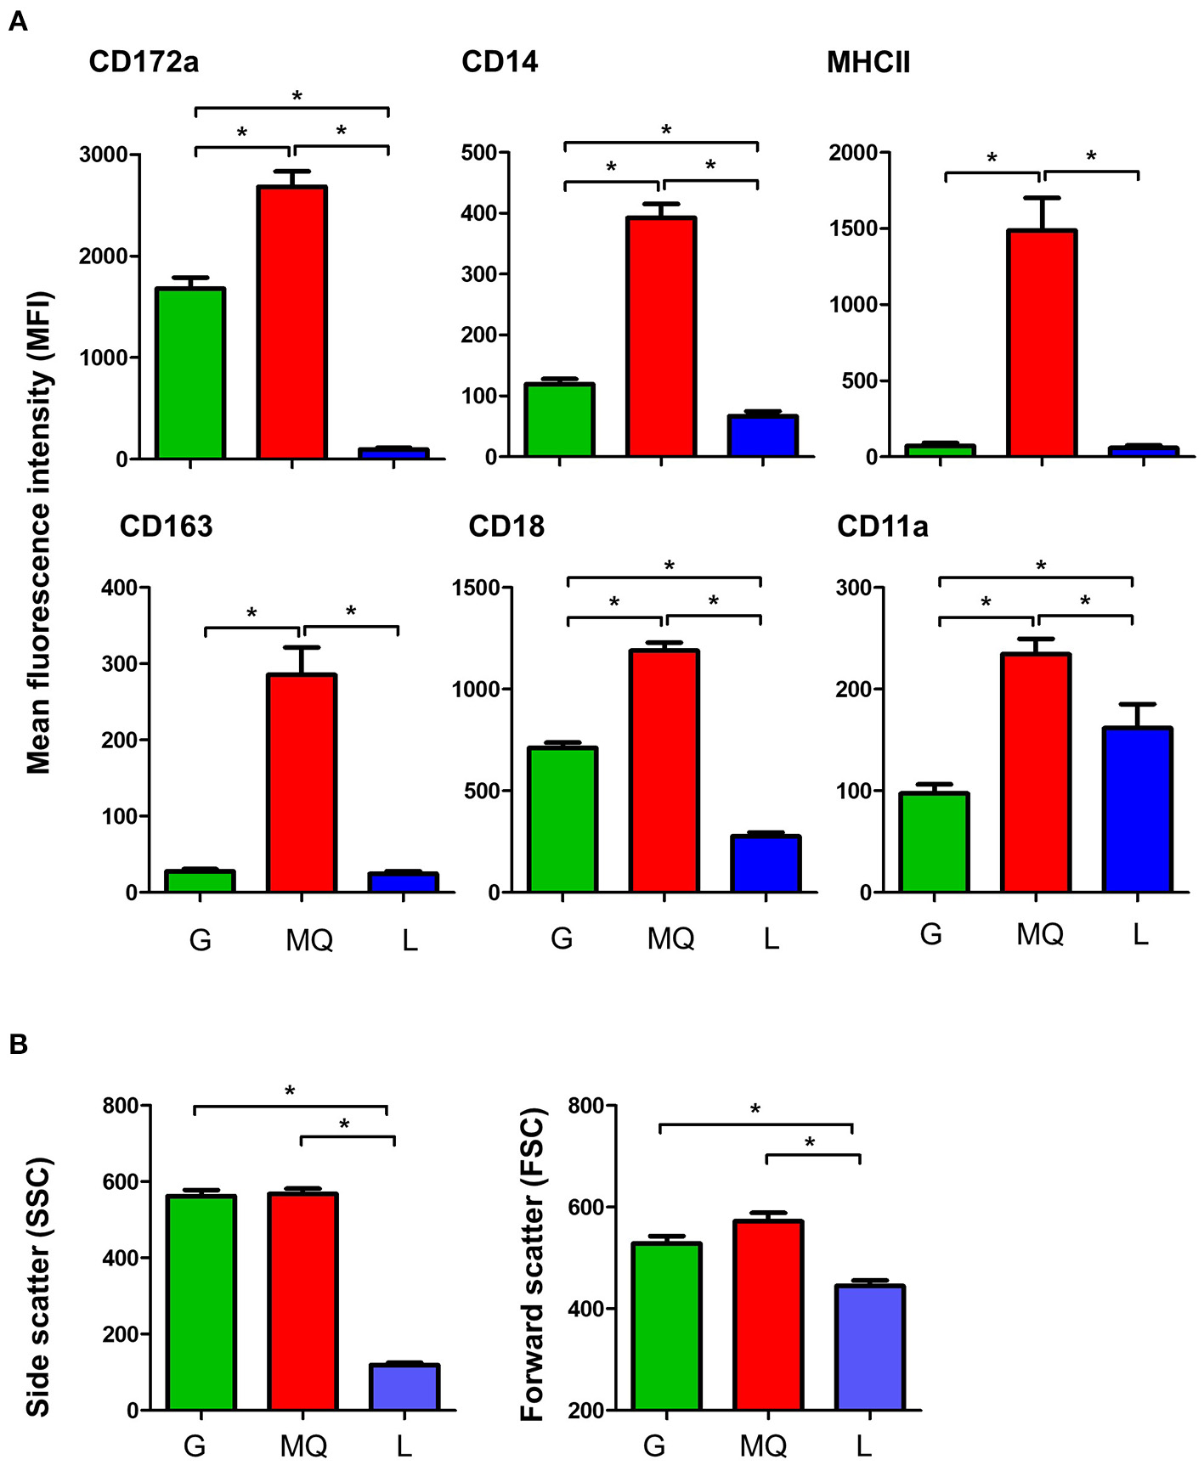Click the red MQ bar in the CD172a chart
292,323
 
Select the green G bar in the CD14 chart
559,420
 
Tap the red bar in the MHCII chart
1042,343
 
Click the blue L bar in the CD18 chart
766,864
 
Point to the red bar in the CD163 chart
302,782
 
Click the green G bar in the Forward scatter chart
667,1326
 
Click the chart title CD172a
144,63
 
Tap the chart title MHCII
868,63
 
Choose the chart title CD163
166,527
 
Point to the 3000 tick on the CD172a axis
102,155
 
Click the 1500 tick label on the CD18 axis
476,588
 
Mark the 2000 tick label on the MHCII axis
853,153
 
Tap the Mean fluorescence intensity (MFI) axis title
38,532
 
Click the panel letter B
18,1045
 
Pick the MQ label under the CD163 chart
308,940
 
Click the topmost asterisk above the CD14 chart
666,130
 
